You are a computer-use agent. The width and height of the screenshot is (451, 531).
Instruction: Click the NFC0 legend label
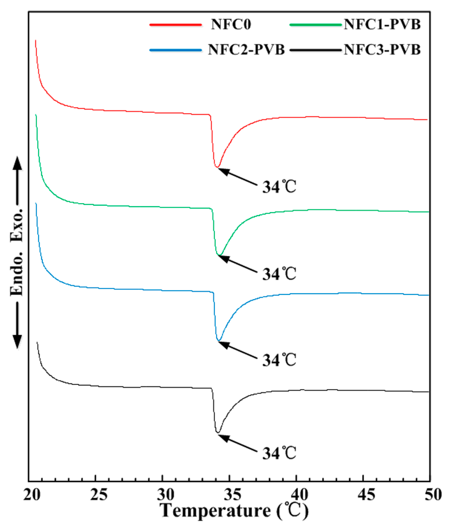pyautogui.click(x=231, y=24)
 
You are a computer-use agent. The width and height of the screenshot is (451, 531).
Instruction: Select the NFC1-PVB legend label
pyautogui.click(x=382, y=24)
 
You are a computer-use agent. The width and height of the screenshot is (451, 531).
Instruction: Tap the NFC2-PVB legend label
pyautogui.click(x=246, y=50)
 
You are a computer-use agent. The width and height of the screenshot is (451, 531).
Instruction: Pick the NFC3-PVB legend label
pyautogui.click(x=382, y=50)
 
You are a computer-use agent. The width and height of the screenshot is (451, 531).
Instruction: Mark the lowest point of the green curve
pyautogui.click(x=219, y=255)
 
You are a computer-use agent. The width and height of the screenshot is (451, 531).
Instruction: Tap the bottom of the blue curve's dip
pyautogui.click(x=219, y=340)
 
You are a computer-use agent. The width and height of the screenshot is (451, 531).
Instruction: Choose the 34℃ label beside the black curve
pyautogui.click(x=279, y=453)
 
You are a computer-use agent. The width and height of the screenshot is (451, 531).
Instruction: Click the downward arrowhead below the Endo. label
pyautogui.click(x=17, y=341)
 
